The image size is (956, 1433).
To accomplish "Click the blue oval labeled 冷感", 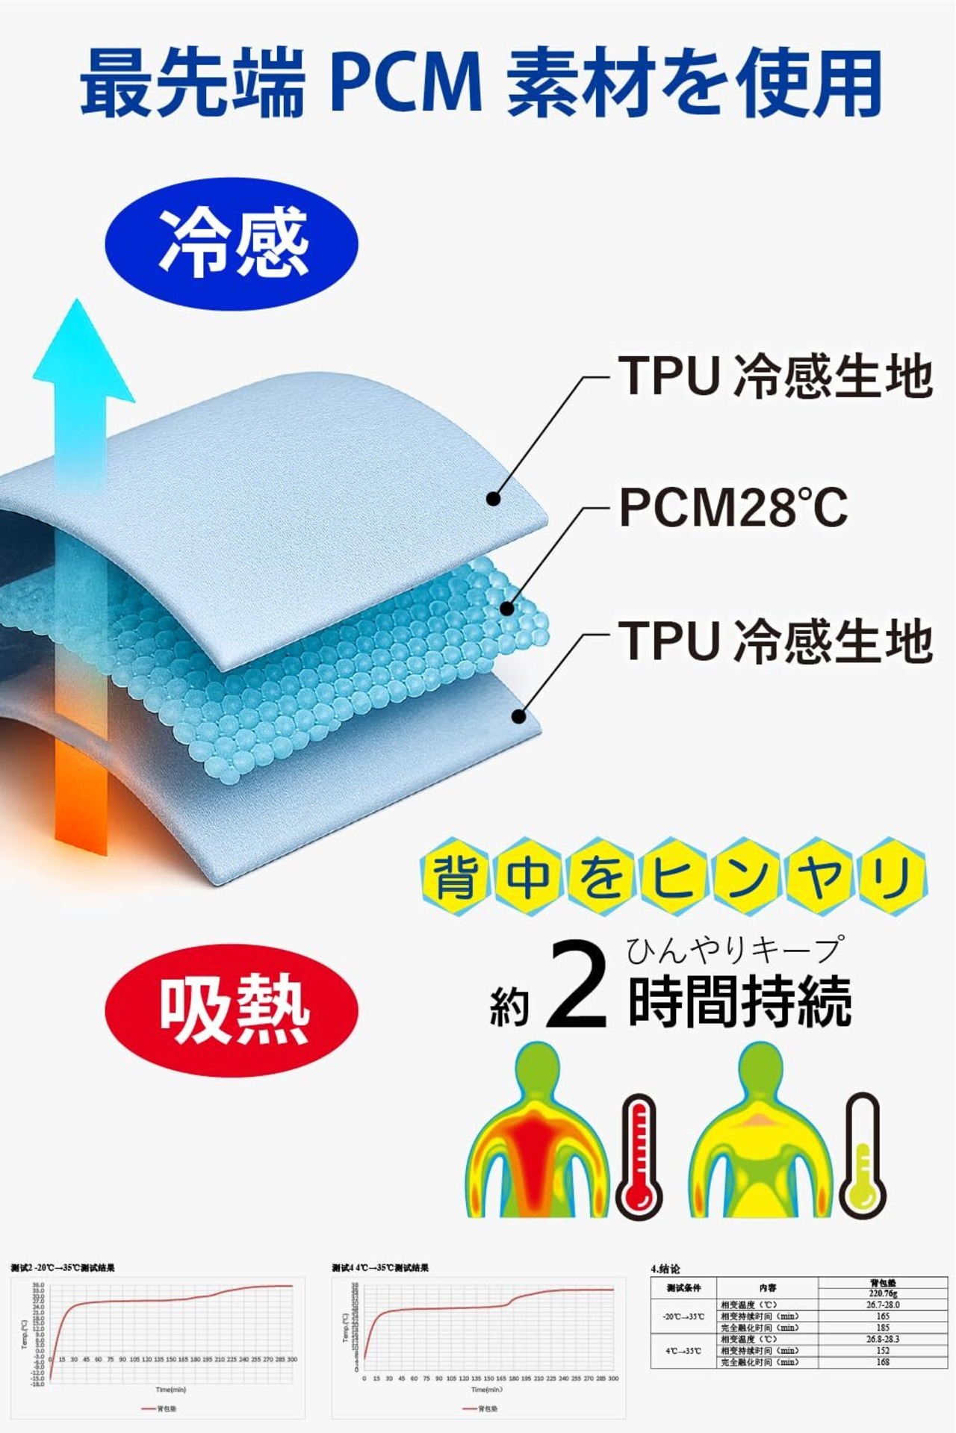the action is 232,243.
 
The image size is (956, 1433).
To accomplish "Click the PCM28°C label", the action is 733,507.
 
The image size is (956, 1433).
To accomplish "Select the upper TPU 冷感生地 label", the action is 775,375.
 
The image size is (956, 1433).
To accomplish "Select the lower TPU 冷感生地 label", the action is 775,641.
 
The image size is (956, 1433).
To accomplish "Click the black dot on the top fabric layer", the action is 493,498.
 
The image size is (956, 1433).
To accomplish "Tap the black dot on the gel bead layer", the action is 507,609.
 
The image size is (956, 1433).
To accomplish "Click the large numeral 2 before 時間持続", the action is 576,986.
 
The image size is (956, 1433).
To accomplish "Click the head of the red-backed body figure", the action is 537,1069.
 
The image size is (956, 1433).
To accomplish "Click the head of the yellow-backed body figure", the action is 760,1069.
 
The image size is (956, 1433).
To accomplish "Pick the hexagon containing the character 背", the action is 455,876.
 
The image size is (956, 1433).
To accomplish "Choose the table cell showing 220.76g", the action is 883,1293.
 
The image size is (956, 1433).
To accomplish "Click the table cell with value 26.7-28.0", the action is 883,1305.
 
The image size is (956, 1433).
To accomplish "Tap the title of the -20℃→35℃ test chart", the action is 63,1267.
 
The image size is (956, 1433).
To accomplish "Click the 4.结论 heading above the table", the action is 665,1268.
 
